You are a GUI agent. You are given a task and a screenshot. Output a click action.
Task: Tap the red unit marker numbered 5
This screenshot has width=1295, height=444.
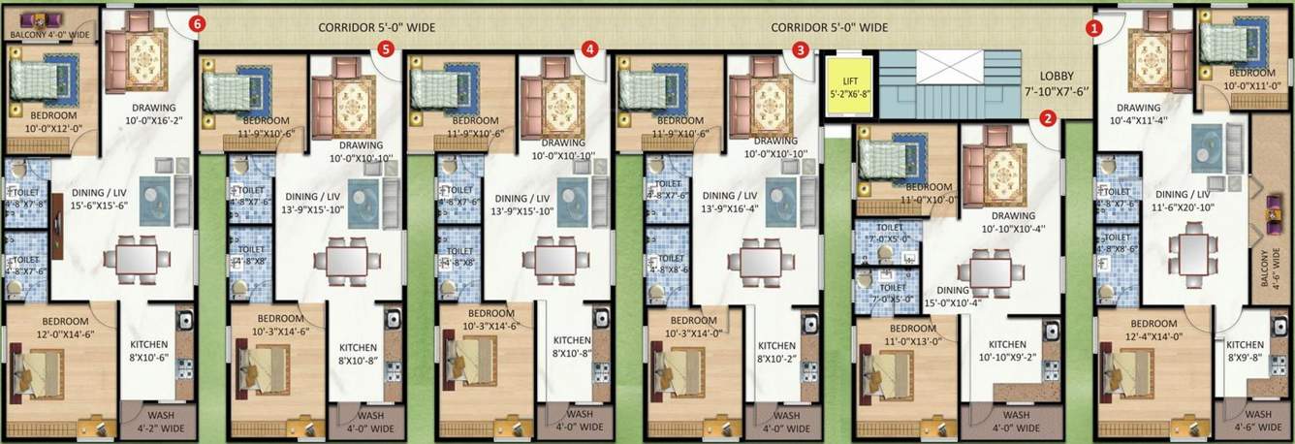[x=386, y=48]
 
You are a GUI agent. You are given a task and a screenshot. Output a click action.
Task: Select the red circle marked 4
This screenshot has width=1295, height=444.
[x=591, y=48]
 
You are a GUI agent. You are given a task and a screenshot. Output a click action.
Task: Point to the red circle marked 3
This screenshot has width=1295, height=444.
[x=800, y=48]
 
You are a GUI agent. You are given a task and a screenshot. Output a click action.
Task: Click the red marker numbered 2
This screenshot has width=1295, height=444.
[x=1048, y=119]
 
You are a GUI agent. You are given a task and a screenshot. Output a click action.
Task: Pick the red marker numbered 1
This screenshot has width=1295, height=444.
[x=1094, y=29]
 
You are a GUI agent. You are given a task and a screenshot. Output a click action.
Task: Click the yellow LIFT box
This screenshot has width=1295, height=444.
[x=850, y=86]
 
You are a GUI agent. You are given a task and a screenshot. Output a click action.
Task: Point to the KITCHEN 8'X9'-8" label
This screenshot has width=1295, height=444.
[x=1246, y=351]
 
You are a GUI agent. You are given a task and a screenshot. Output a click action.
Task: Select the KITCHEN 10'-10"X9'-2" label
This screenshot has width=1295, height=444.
[x=1008, y=351]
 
